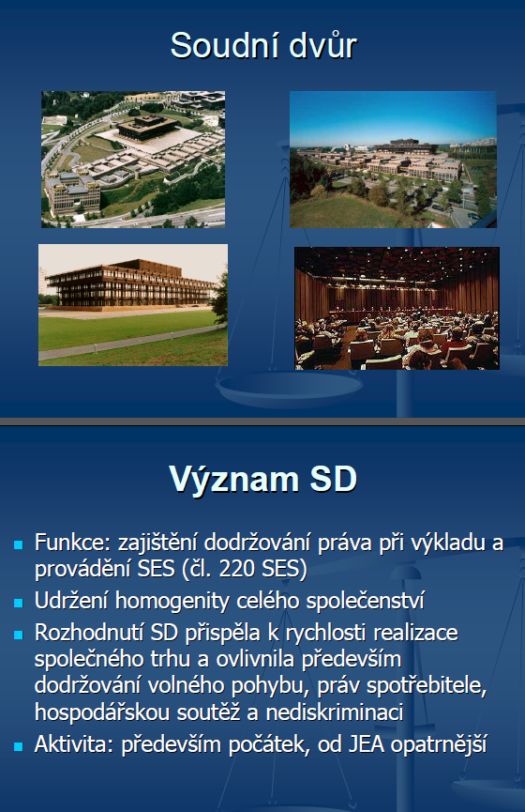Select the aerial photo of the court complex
pyautogui.click(x=133, y=160)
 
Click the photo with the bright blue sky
pyautogui.click(x=393, y=160)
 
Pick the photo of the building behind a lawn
pyautogui.click(x=133, y=305)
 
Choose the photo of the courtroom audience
pyautogui.click(x=397, y=308)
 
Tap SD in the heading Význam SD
pyautogui.click(x=334, y=479)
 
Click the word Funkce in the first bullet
pyautogui.click(x=73, y=543)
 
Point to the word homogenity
pyautogui.click(x=187, y=601)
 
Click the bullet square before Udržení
pyautogui.click(x=19, y=603)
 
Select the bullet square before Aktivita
pyautogui.click(x=19, y=746)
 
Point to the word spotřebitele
pyautogui.click(x=427, y=686)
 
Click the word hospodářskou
pyautogui.click(x=102, y=713)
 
